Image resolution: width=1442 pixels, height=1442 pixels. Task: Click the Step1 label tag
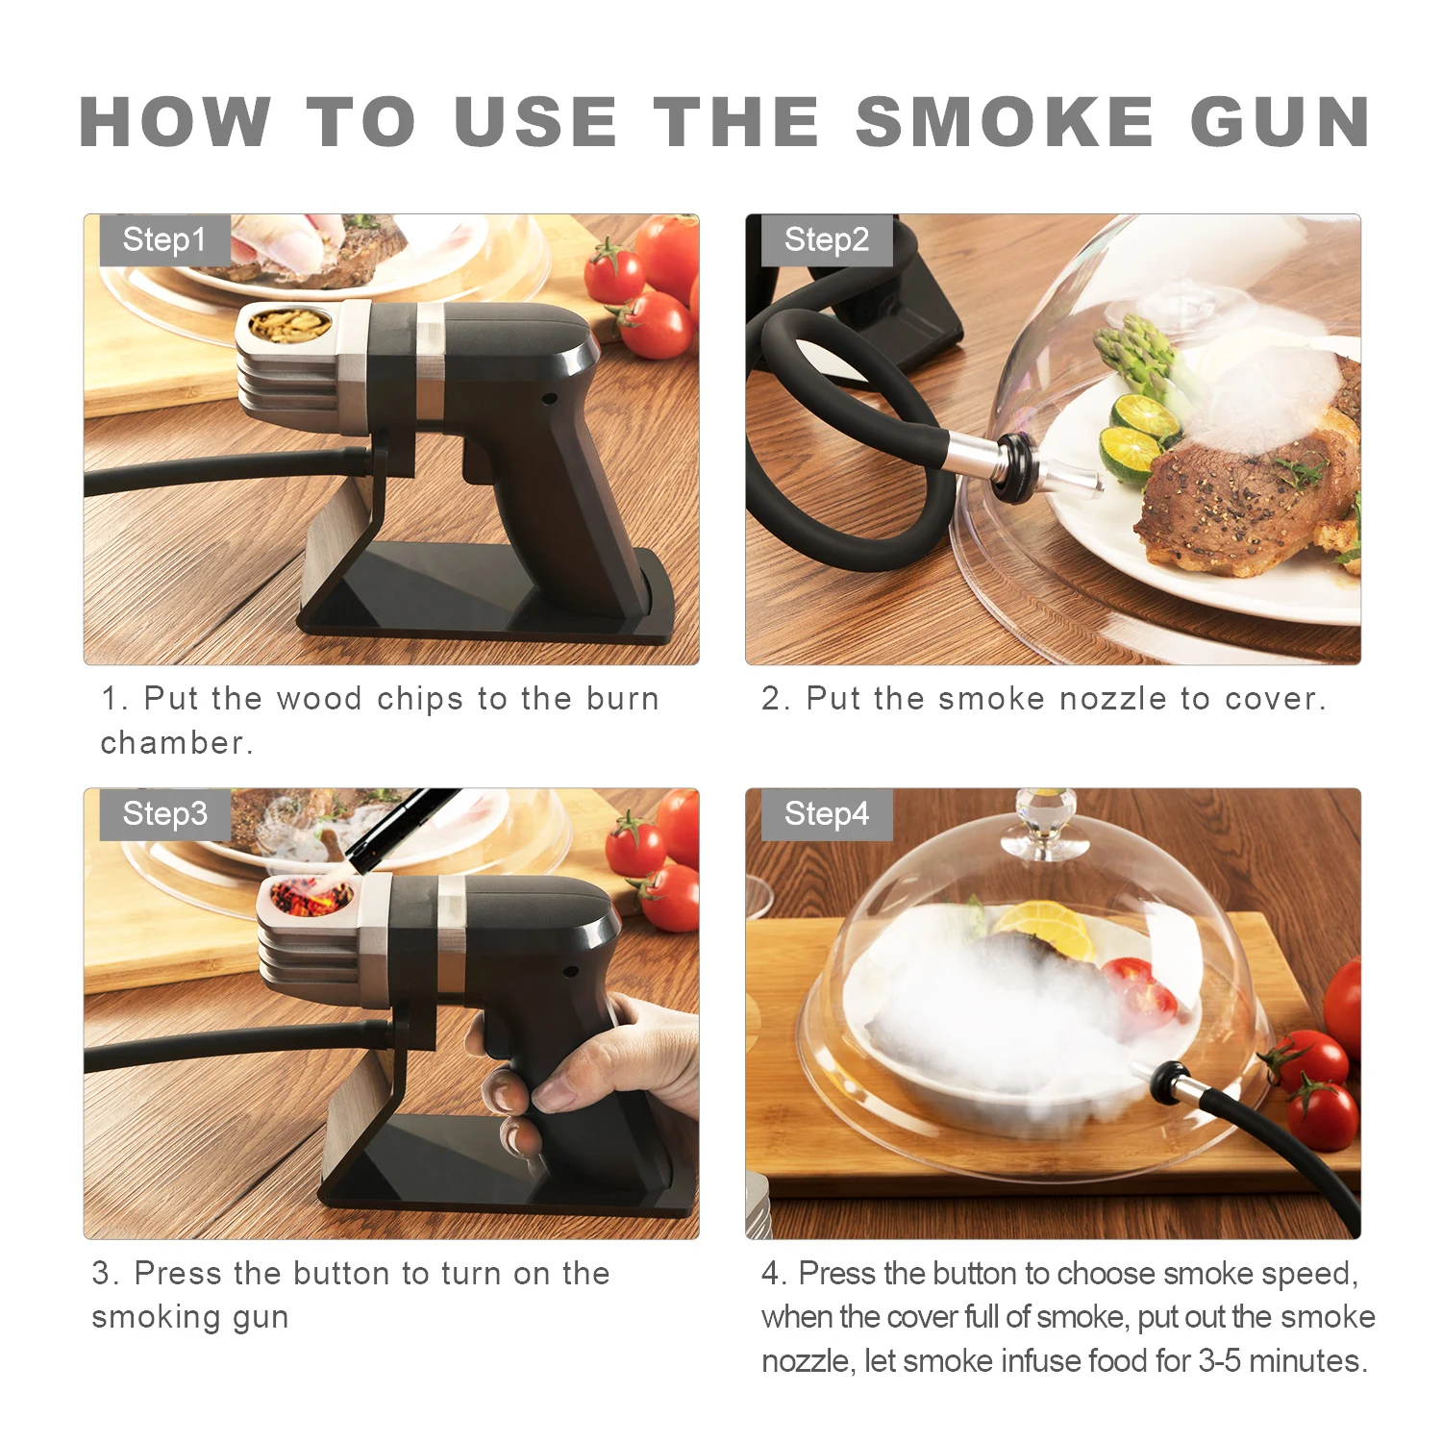[164, 239]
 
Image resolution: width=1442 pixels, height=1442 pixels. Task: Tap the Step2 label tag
[826, 239]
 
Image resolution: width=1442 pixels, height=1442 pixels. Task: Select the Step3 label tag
[164, 813]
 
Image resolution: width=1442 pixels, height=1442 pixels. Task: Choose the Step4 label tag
[826, 813]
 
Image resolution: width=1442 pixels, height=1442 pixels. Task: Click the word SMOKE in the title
[1004, 123]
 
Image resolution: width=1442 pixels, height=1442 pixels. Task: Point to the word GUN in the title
[1280, 123]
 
